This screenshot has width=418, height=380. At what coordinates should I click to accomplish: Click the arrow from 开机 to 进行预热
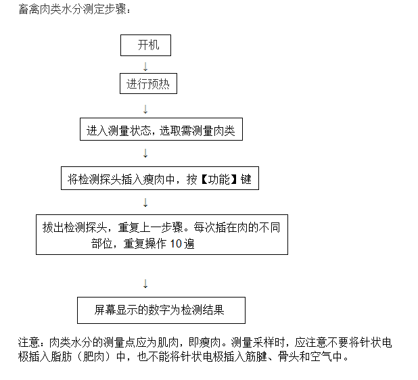[x=145, y=67]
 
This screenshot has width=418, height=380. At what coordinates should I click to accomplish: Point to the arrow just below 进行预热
[x=145, y=110]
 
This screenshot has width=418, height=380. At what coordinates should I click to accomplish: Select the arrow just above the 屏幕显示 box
[x=145, y=284]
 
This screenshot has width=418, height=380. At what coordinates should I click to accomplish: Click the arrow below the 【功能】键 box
[x=145, y=203]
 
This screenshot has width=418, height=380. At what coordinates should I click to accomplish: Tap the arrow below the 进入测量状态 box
[x=145, y=153]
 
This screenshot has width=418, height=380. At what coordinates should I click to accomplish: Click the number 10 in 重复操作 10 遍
[x=176, y=244]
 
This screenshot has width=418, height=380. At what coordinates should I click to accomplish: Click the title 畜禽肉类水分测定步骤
[x=72, y=9]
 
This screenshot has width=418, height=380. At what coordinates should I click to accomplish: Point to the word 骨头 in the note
[x=288, y=357]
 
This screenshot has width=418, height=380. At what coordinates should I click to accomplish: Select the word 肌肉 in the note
[x=168, y=343]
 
